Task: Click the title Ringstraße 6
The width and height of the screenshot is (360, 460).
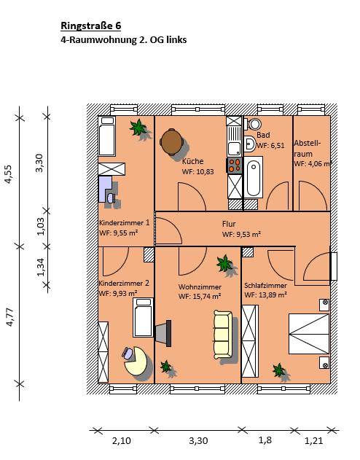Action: pyautogui.click(x=90, y=26)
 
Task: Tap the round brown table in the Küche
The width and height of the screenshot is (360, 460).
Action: pyautogui.click(x=172, y=141)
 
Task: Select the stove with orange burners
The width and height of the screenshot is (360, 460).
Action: pyautogui.click(x=235, y=165)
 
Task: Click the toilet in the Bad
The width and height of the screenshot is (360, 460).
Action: pyautogui.click(x=253, y=124)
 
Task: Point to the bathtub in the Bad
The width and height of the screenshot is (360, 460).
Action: pyautogui.click(x=254, y=177)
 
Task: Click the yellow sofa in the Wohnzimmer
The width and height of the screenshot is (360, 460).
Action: pyautogui.click(x=223, y=335)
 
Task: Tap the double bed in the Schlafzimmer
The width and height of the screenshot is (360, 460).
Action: pyautogui.click(x=309, y=334)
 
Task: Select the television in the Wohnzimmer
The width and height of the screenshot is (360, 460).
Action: pyautogui.click(x=163, y=333)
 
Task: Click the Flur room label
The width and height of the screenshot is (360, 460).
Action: pyautogui.click(x=229, y=224)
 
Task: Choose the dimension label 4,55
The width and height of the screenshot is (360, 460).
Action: pyautogui.click(x=9, y=174)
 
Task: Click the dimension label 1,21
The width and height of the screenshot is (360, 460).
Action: pyautogui.click(x=313, y=440)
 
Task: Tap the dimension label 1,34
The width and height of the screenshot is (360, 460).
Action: pyautogui.click(x=41, y=267)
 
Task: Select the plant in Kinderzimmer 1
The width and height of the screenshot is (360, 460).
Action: pyautogui.click(x=138, y=128)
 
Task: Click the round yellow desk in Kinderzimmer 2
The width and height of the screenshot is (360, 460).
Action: pyautogui.click(x=136, y=361)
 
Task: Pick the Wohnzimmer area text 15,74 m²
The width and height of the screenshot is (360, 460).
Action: pyautogui.click(x=207, y=296)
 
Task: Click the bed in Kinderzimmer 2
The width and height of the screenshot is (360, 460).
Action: pyautogui.click(x=143, y=317)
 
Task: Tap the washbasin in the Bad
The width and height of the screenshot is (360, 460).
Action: pyautogui.click(x=250, y=144)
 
